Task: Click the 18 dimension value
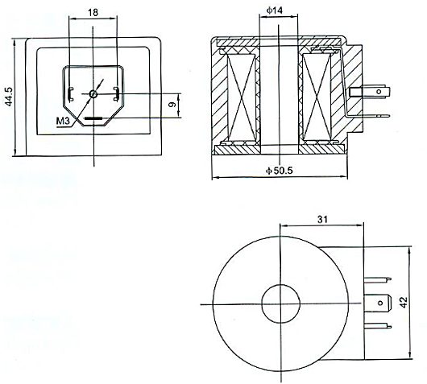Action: pos(93,12)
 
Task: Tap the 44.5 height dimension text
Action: pos(9,97)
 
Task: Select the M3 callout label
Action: pos(63,121)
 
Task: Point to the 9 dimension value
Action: pos(172,105)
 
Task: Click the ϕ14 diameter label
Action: pos(275,10)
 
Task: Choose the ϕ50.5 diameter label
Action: pos(279,171)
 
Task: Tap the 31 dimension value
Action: pos(322,219)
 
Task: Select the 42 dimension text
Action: pos(404,302)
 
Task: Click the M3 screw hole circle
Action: pos(93,94)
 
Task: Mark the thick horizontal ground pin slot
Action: pos(93,118)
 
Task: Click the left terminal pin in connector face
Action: pos(71,94)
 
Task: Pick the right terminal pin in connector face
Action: pos(116,94)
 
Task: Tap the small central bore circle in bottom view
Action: pos(280,303)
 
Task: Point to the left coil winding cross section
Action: pos(242,97)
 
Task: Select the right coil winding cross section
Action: pos(317,97)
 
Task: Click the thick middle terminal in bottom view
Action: pos(378,303)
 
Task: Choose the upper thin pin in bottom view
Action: pos(378,279)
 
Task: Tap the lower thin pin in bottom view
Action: pos(378,326)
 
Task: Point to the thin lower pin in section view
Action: pos(367,116)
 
